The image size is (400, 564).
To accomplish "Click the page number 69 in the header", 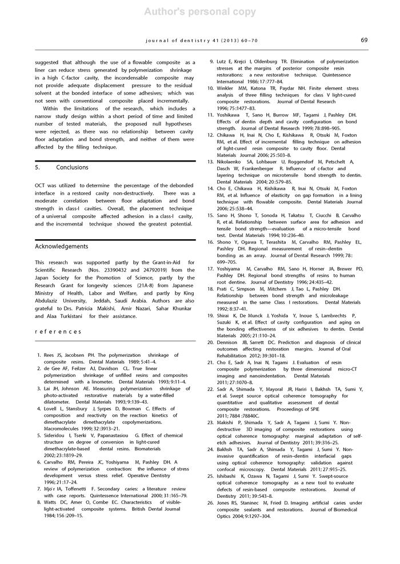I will (x=364, y=40).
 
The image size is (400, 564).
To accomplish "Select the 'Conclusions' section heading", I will (x=72, y=168).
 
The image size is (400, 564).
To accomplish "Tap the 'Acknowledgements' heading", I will (x=62, y=247).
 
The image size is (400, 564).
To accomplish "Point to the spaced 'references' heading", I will (x=58, y=331).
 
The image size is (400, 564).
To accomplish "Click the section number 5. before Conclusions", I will (x=38, y=168).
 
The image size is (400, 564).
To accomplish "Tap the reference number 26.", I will (x=210, y=503).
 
